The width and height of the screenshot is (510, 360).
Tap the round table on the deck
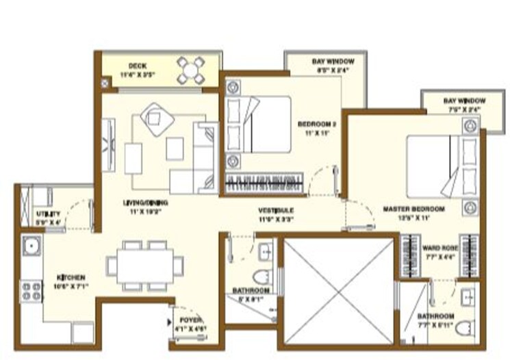tap(190, 69)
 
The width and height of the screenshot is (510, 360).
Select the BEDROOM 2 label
tap(317, 125)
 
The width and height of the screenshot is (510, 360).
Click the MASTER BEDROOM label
tap(414, 208)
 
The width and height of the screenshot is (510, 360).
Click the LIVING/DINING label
tap(146, 203)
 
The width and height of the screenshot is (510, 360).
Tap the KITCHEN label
tap(71, 277)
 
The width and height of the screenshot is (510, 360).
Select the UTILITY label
tap(48, 214)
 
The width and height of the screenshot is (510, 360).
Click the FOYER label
tap(190, 320)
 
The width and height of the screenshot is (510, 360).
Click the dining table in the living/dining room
tap(146, 264)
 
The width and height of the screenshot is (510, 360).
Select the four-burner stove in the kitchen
tap(31, 291)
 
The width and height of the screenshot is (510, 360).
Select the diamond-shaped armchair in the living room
tap(157, 119)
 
